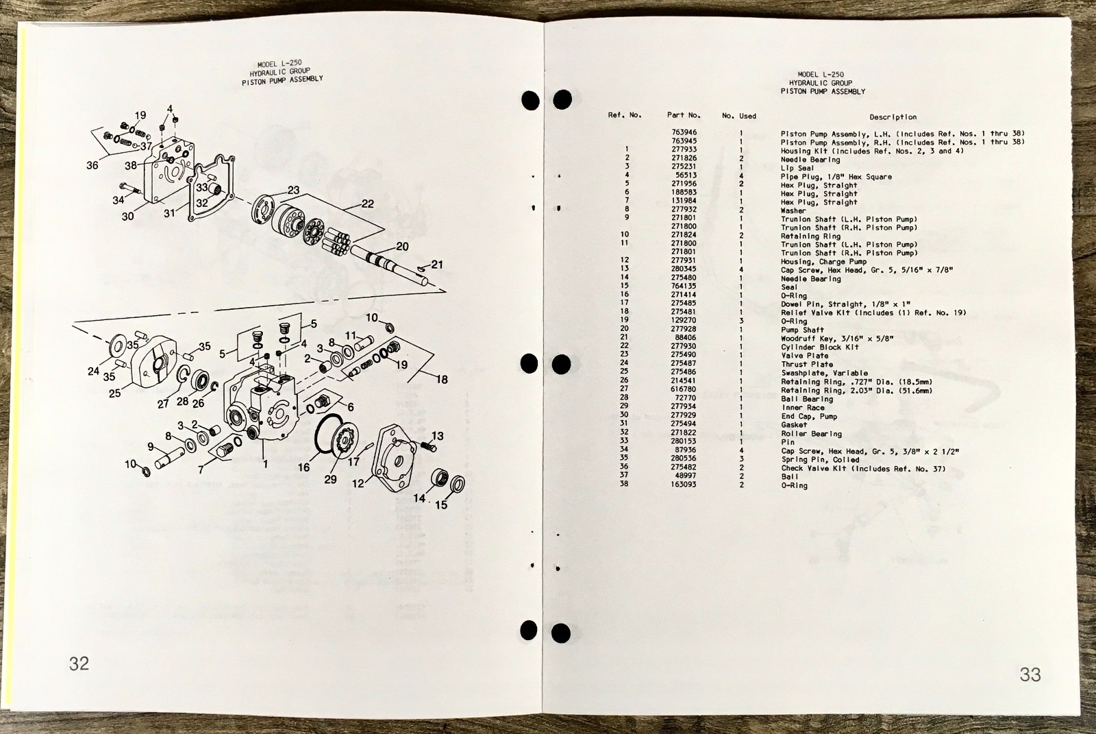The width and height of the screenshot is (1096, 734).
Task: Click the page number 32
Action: (79, 663)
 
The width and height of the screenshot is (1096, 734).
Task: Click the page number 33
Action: (1030, 674)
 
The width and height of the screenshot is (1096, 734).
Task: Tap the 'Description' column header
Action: (893, 117)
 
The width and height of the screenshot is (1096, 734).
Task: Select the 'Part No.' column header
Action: (684, 115)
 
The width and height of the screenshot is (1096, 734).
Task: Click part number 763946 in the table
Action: (684, 132)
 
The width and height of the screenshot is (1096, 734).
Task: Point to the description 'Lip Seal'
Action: (797, 168)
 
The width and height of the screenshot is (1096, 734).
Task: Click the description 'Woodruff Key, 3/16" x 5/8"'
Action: (837, 339)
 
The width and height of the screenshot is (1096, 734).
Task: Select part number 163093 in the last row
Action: (684, 485)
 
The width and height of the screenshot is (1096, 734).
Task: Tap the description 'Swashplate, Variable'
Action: (825, 373)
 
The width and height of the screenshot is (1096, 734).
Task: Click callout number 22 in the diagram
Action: (367, 204)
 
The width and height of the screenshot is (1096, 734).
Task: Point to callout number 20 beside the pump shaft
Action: (402, 246)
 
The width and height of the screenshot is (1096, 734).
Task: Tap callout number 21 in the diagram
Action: (437, 265)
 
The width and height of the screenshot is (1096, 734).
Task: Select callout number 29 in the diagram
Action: (330, 479)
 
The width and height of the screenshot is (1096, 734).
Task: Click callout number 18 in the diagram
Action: (442, 380)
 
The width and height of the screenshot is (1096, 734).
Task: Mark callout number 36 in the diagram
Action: (92, 165)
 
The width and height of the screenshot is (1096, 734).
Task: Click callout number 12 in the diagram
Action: (358, 483)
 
